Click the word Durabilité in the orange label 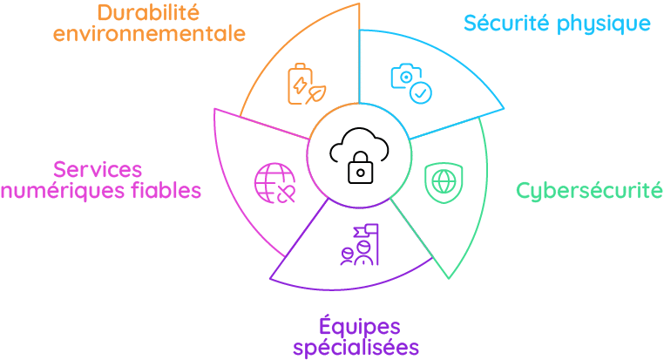[x=148, y=13]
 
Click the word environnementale [x=148, y=34]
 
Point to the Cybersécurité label [x=589, y=190]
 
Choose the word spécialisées [x=356, y=347]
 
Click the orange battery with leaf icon [x=307, y=84]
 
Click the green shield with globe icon [x=444, y=181]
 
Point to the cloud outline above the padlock [x=359, y=144]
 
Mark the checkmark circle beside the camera [x=421, y=92]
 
